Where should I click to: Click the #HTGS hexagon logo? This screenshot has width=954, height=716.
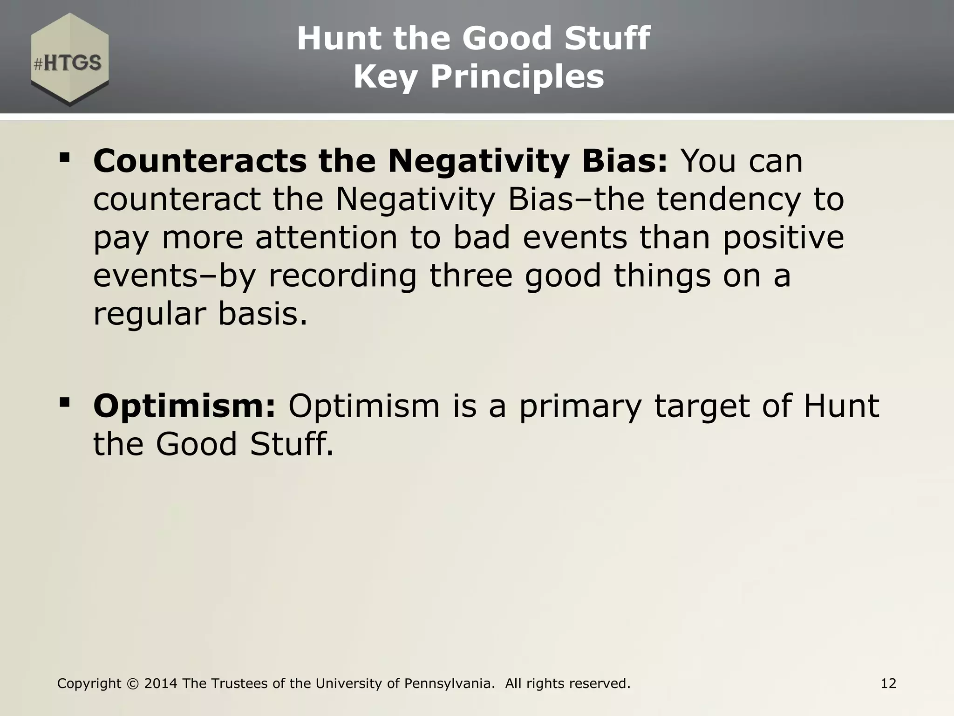click(x=70, y=60)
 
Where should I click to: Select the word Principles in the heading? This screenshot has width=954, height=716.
click(x=517, y=76)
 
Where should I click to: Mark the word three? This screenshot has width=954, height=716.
click(x=470, y=276)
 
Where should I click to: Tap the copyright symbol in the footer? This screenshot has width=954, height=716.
click(x=133, y=684)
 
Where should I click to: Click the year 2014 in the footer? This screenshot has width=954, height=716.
click(x=161, y=684)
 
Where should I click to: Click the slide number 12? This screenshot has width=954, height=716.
click(x=888, y=684)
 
